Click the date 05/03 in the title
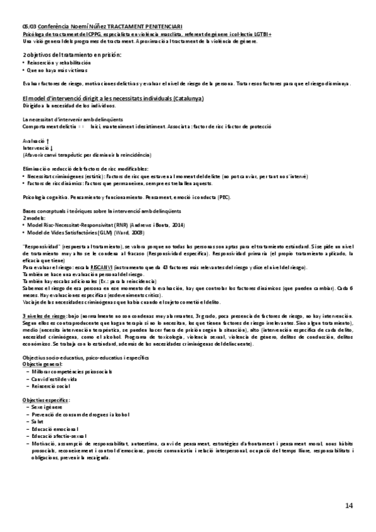[28, 25]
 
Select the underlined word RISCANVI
[119, 268]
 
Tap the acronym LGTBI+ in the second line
[260, 33]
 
